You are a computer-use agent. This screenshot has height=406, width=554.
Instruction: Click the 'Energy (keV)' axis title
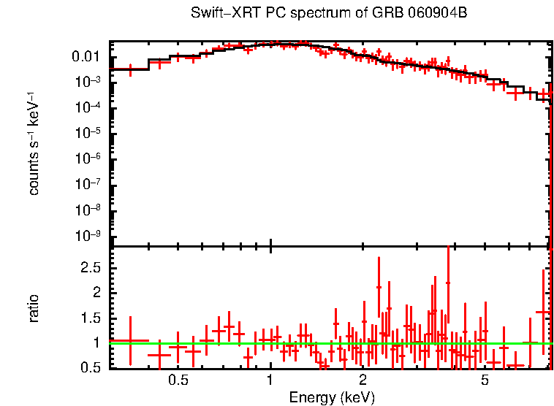(332, 397)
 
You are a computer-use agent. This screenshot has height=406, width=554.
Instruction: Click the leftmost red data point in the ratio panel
(130, 340)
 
